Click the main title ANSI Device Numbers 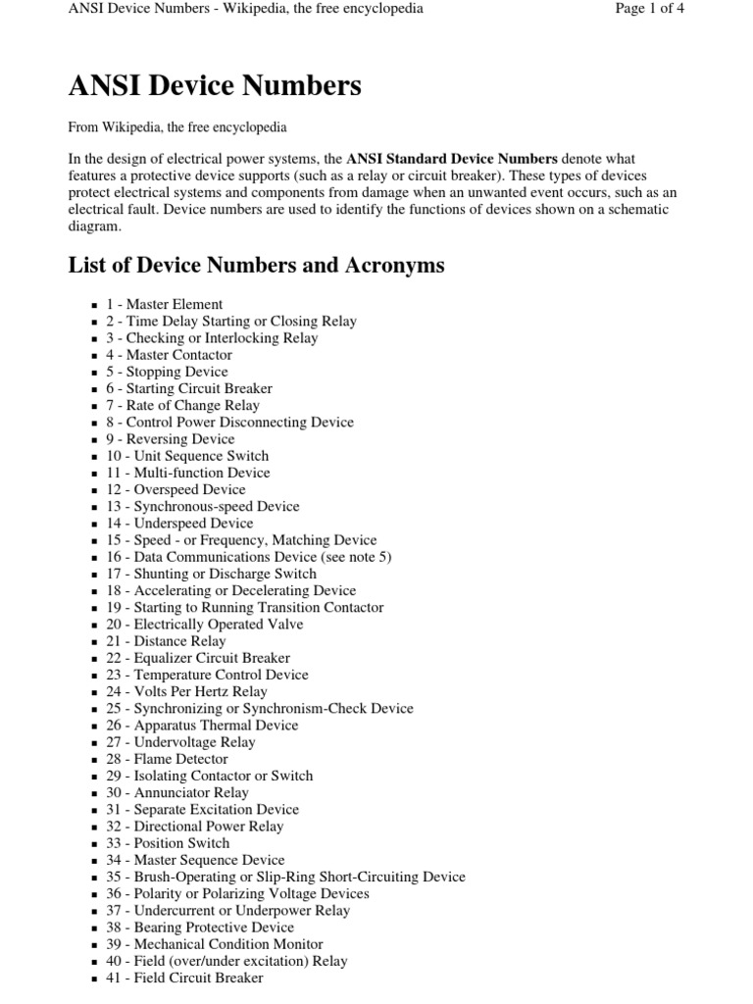tap(215, 86)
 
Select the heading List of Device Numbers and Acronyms tap(256, 265)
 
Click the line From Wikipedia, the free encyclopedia tap(177, 127)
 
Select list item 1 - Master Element tap(165, 304)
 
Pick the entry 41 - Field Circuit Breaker tap(184, 978)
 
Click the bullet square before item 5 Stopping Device tap(94, 373)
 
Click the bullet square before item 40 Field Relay tap(94, 962)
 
